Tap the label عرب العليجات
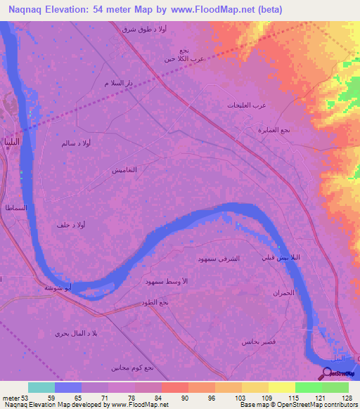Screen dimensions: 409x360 point(246,105)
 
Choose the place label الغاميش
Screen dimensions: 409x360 point(124,171)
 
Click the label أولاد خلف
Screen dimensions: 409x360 point(72,225)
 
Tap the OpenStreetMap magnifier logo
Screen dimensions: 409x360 point(327,373)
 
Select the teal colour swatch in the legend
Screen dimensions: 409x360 point(41,387)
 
